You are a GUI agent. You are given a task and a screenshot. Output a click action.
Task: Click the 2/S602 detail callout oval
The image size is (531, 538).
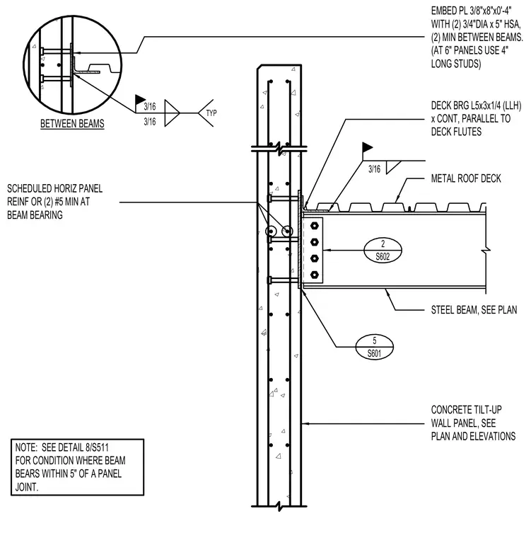coord(383,250)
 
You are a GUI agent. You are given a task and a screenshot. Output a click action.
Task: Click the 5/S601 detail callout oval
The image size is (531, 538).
coord(374,347)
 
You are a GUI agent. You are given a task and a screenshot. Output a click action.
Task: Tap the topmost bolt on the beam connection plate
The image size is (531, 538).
coord(315,226)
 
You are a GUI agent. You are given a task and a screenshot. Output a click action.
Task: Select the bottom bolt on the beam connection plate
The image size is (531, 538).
coord(315,275)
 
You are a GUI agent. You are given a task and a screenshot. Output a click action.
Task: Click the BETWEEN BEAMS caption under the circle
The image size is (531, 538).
coord(72,123)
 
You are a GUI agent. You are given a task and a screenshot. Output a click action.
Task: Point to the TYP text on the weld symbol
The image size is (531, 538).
coord(211,113)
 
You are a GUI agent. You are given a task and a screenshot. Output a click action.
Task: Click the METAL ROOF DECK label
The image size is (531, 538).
coord(466,178)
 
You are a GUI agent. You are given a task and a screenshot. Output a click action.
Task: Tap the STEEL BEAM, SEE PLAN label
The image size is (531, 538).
coord(474,310)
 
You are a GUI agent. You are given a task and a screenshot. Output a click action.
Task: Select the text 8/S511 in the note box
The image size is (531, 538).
coord(98,447)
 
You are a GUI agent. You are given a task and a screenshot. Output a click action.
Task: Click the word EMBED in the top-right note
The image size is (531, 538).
coord(442,11)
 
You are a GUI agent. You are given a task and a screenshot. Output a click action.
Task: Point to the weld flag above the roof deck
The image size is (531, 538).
coord(368,147)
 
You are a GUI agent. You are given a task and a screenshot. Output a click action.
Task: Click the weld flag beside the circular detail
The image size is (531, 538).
coord(140,100)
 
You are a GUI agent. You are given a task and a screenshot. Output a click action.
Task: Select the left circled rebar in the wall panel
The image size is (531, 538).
coord(271,231)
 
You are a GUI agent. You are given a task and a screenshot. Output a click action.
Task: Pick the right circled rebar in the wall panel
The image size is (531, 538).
coord(287,231)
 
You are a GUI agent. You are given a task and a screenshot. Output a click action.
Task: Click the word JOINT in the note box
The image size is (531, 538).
coord(26,487)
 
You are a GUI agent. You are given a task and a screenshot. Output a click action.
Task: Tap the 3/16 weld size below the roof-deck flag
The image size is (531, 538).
coord(374,169)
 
